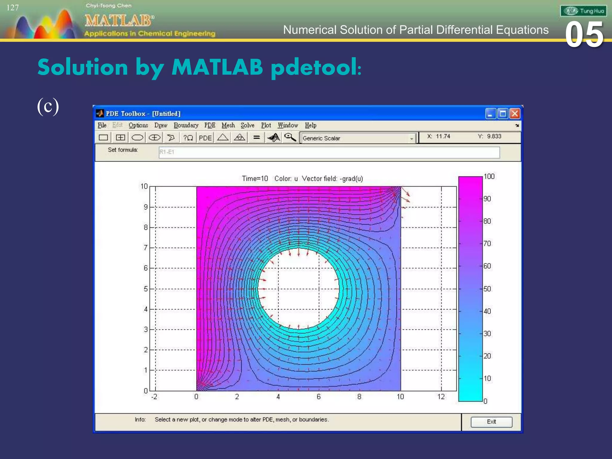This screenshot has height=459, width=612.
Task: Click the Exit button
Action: (x=491, y=422)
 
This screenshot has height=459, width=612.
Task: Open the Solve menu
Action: (x=247, y=125)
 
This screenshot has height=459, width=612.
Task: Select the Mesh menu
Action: (x=228, y=125)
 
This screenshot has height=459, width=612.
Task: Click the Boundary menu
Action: (x=186, y=125)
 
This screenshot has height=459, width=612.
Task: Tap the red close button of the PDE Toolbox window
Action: (x=515, y=114)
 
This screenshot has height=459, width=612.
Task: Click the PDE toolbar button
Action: (x=205, y=138)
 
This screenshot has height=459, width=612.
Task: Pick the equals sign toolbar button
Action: (x=256, y=137)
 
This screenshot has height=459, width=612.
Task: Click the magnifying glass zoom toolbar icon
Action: (x=290, y=137)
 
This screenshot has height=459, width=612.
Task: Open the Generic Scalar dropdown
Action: (x=411, y=138)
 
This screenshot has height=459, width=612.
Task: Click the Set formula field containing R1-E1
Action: (x=329, y=152)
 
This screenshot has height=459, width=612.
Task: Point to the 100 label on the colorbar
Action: (x=489, y=177)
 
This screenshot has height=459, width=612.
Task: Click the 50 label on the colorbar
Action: (x=487, y=289)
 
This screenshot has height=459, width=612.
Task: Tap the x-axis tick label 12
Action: (x=441, y=397)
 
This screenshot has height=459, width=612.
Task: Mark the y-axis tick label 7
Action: (x=146, y=247)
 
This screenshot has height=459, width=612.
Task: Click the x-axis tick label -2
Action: (x=154, y=397)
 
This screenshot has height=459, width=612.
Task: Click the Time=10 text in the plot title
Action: (x=255, y=179)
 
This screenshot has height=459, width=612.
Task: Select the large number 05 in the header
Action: (x=584, y=35)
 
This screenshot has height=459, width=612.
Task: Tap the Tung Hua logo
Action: (x=583, y=11)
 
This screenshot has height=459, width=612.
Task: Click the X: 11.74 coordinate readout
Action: (x=438, y=136)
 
